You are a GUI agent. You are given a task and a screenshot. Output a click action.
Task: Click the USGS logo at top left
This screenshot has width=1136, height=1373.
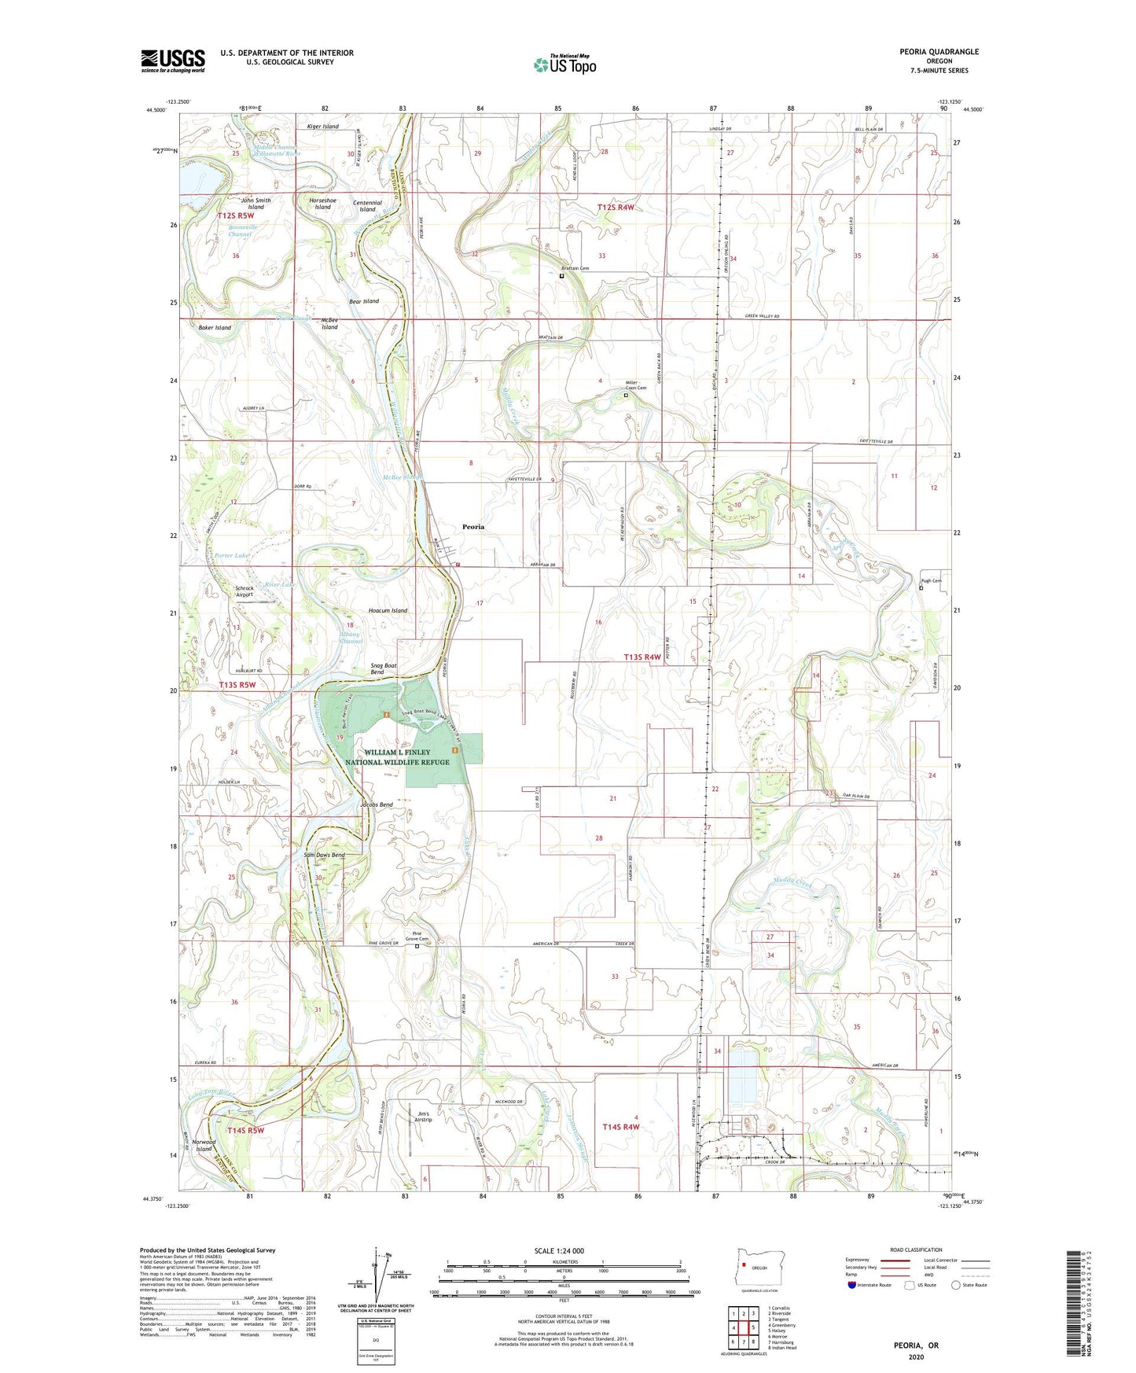tap(173, 60)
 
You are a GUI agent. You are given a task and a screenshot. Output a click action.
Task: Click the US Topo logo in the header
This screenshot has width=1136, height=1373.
tap(565, 64)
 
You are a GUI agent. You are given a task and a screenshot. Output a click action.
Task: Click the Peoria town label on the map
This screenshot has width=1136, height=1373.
tap(473, 527)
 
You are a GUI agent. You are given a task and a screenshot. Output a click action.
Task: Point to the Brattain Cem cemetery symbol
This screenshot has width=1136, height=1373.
tap(561, 276)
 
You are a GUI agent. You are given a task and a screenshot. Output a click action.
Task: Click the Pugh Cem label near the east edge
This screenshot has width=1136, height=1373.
tap(931, 581)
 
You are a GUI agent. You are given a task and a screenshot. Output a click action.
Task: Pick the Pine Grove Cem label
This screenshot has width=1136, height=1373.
tap(417, 937)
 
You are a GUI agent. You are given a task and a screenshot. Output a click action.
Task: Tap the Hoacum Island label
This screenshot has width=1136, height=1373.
tap(388, 610)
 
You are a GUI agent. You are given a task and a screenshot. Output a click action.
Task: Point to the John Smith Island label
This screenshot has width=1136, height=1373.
tap(256, 204)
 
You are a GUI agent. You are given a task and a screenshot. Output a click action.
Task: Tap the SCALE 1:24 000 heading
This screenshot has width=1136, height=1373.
tap(558, 1251)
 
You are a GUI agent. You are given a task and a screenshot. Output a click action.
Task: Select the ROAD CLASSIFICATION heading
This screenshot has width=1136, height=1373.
tap(916, 1250)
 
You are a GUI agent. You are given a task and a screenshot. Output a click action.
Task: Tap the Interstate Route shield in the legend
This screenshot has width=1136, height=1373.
tap(852, 1285)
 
